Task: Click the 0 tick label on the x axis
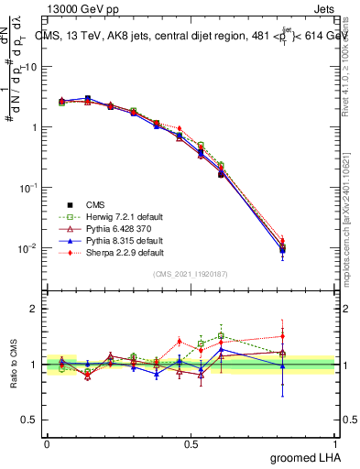tap(47, 443)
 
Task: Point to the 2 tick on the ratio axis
tap(34, 309)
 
